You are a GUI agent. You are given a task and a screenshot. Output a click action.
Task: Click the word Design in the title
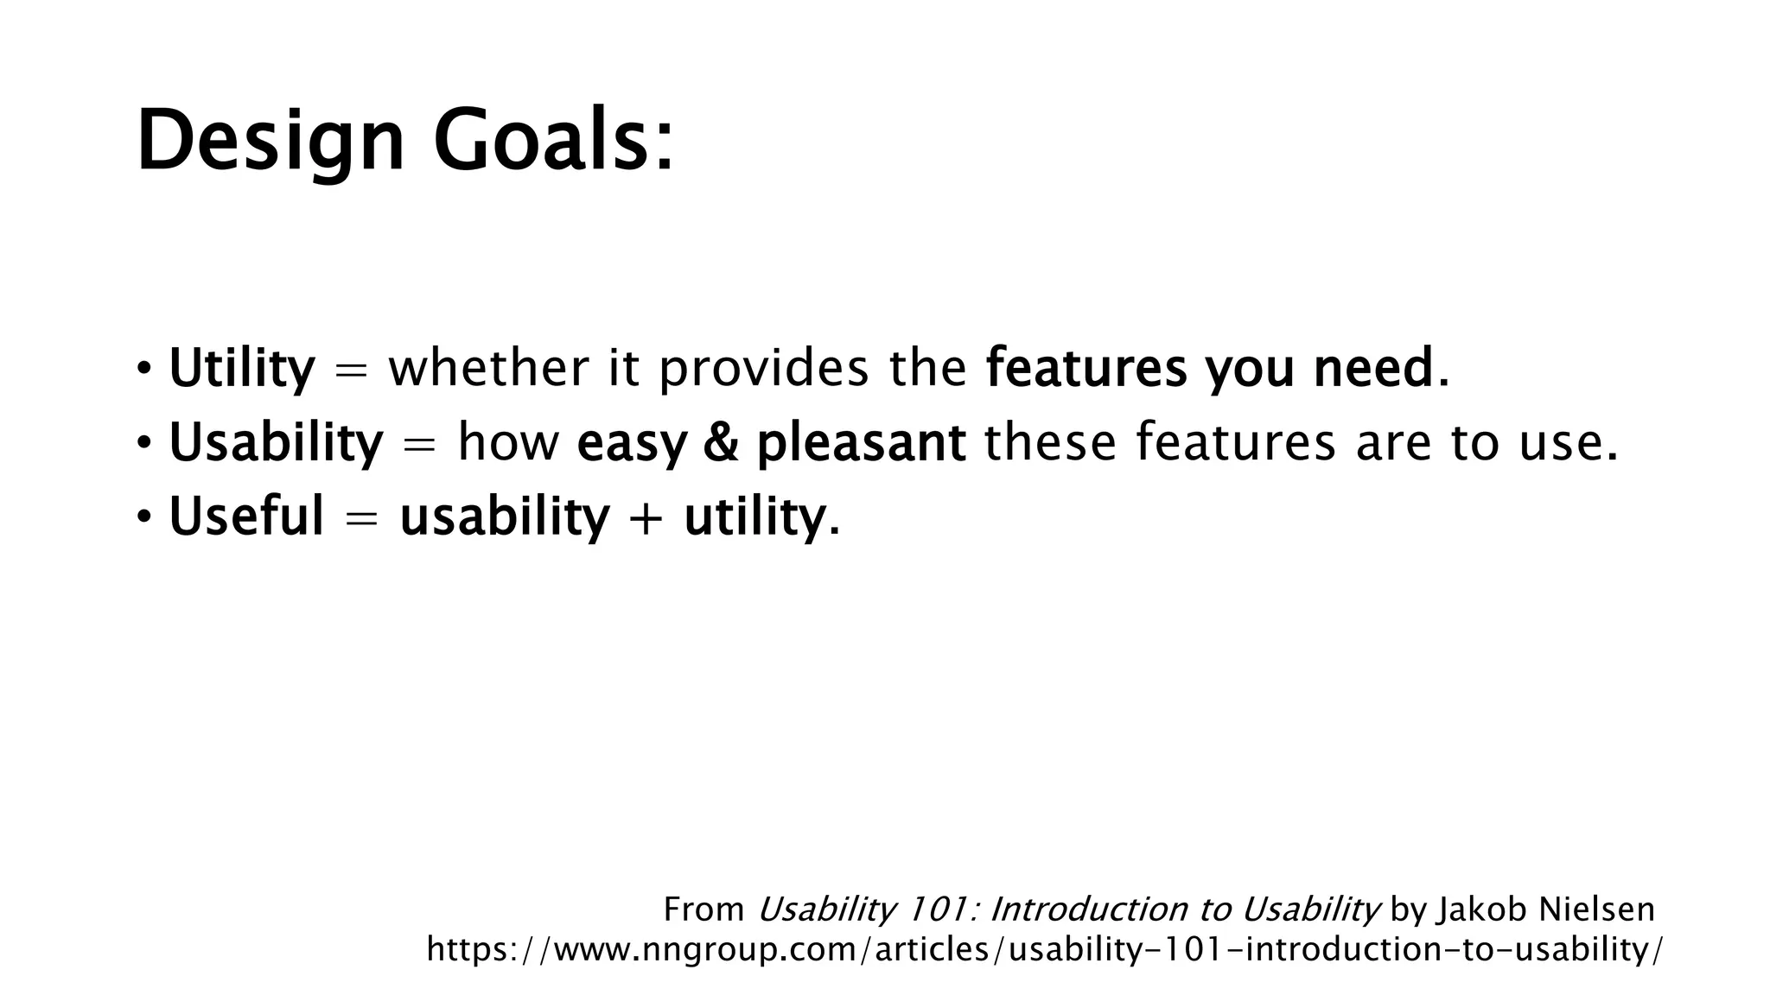(x=270, y=141)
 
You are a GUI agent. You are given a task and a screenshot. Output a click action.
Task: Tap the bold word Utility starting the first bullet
(x=242, y=369)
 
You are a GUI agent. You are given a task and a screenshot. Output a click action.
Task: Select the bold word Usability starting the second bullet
(x=275, y=443)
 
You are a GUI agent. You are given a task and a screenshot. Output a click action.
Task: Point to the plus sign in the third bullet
(x=646, y=518)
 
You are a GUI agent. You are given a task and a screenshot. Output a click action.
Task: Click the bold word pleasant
(x=861, y=444)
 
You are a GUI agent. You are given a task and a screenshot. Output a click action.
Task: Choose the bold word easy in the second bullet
(x=631, y=444)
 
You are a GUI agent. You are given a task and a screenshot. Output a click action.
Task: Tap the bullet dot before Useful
(x=144, y=517)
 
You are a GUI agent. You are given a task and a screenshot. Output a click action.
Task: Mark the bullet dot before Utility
(x=144, y=370)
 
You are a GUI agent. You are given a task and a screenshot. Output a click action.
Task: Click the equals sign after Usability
(x=419, y=444)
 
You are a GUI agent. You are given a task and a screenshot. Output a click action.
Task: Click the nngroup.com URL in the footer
(x=1043, y=949)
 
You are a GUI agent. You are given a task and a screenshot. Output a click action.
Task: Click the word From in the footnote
(x=704, y=909)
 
